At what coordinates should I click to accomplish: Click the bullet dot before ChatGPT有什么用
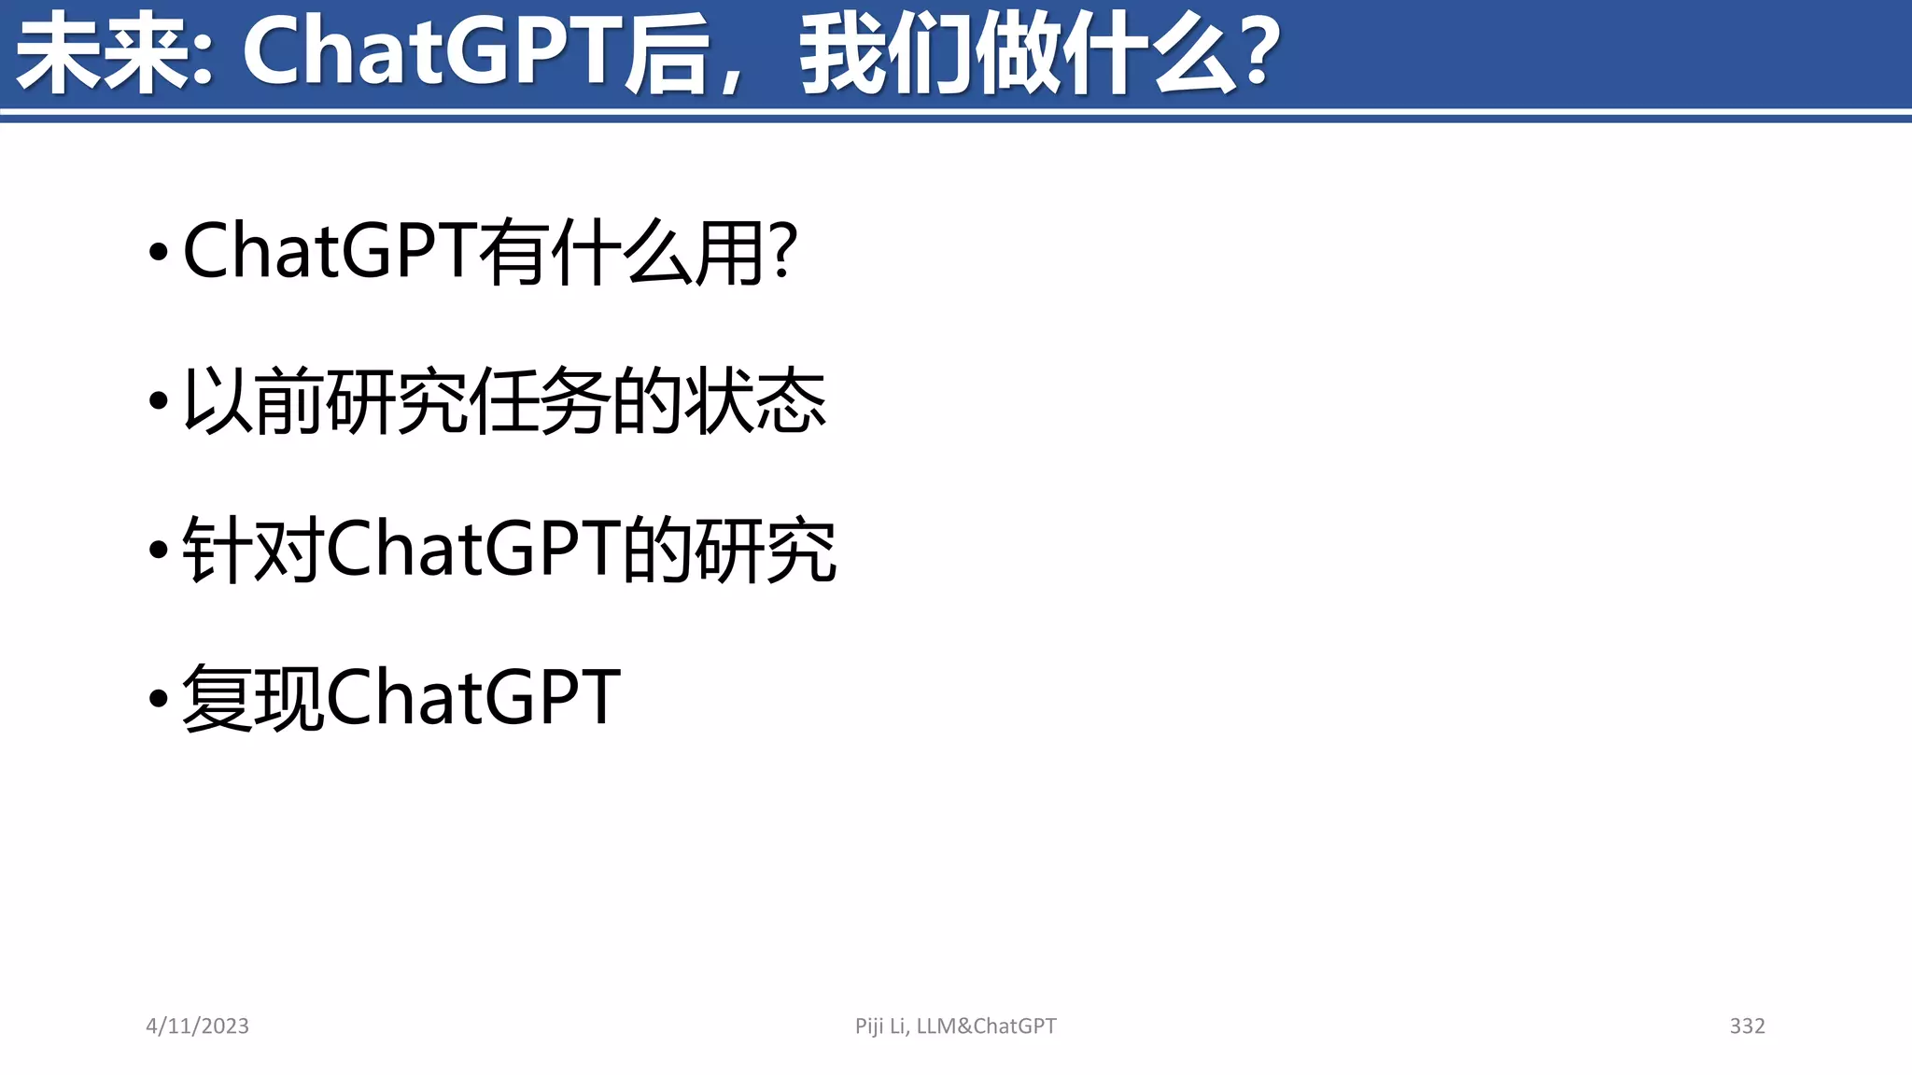(x=159, y=251)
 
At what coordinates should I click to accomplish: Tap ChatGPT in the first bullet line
(x=330, y=251)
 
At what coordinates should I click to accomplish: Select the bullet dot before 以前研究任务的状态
(x=159, y=401)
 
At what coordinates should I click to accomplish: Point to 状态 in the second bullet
(x=755, y=401)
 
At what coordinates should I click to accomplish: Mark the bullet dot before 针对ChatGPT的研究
(x=159, y=550)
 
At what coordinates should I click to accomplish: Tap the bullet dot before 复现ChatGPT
(x=159, y=698)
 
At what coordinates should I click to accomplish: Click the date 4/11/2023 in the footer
(x=197, y=1026)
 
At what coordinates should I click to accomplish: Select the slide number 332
(x=1747, y=1026)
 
